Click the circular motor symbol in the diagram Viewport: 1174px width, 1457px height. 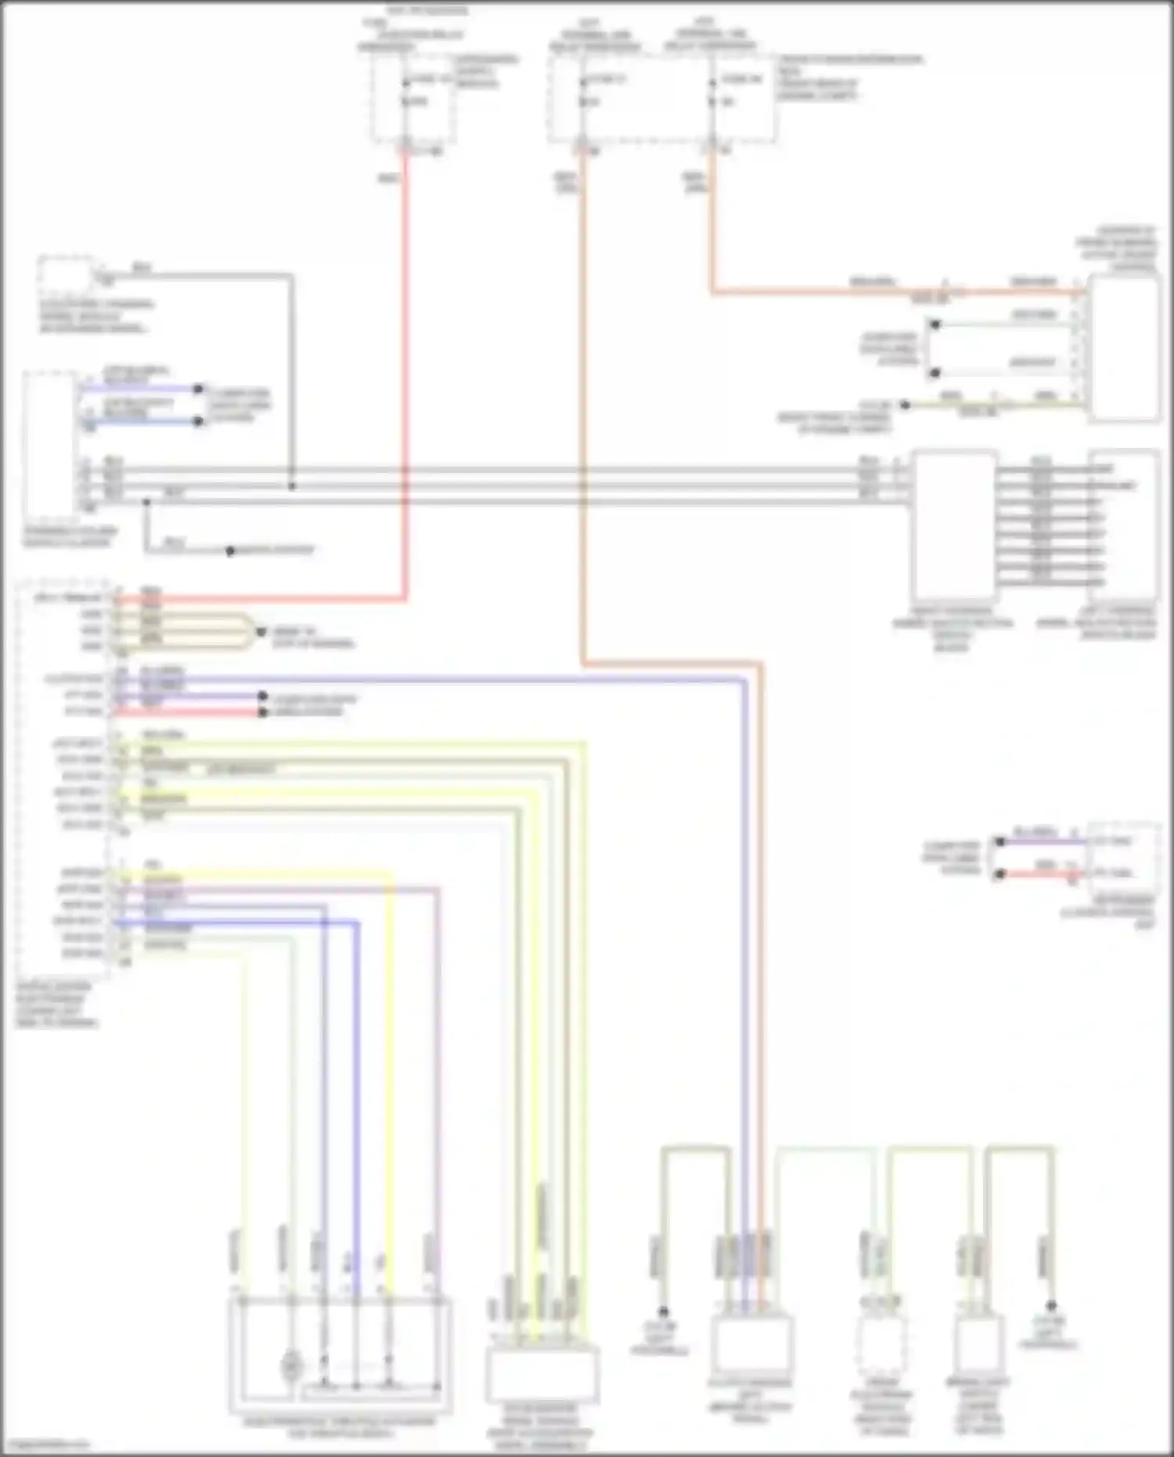[x=291, y=1367]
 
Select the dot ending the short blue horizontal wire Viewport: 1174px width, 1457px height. [x=199, y=421]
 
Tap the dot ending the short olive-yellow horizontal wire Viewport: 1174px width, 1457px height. [x=905, y=405]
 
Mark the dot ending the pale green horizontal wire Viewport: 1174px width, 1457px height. [x=935, y=324]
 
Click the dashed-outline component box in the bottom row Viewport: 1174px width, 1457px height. [x=881, y=1345]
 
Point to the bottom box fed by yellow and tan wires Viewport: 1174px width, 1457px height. [x=542, y=1375]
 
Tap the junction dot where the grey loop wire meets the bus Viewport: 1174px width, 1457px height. [x=292, y=486]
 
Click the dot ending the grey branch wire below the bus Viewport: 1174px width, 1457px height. [x=230, y=551]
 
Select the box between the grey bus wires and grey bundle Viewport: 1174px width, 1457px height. [x=953, y=525]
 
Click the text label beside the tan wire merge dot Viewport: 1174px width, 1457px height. [x=312, y=637]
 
